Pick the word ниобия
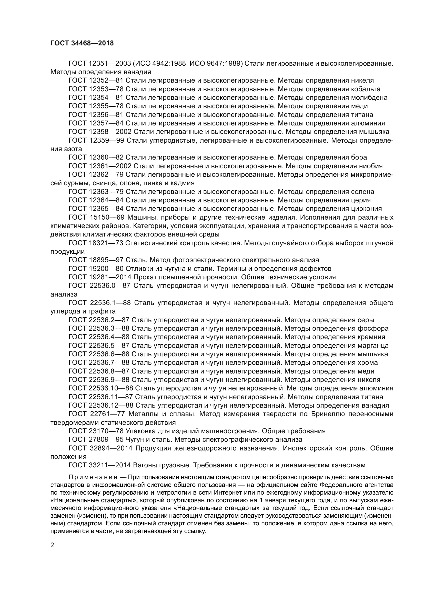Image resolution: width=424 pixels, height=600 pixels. [x=372, y=166]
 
